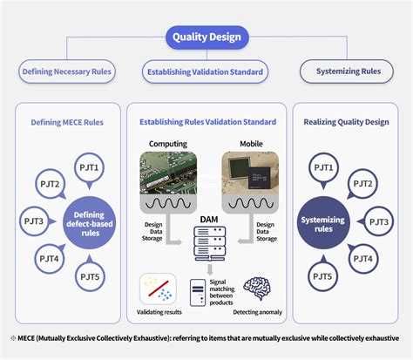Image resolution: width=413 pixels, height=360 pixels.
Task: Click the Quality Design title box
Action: tap(206, 37)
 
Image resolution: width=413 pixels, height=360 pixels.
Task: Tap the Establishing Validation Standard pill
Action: tap(206, 71)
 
